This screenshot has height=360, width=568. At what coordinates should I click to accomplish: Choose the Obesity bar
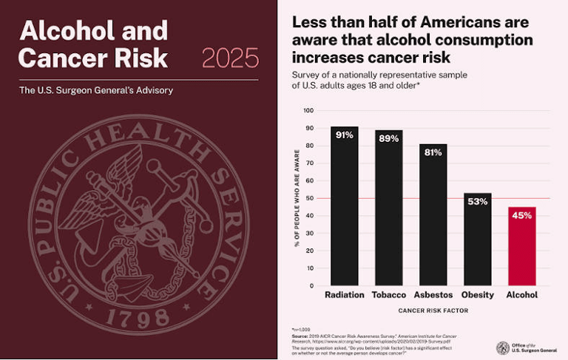[x=477, y=240]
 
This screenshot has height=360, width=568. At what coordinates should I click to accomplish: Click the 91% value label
[x=344, y=135]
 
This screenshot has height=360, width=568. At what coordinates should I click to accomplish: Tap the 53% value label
[x=477, y=202]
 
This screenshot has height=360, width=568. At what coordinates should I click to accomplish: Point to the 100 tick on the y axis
[x=308, y=111]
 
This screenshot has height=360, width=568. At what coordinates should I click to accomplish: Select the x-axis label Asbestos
[x=433, y=295]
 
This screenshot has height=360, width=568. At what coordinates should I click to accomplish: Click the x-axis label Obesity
[x=477, y=295]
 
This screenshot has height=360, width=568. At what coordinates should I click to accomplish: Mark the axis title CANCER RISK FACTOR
[x=433, y=310]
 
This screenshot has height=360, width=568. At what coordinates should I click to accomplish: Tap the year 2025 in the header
[x=230, y=57]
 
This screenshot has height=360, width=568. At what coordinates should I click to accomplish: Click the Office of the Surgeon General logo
[x=503, y=347]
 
